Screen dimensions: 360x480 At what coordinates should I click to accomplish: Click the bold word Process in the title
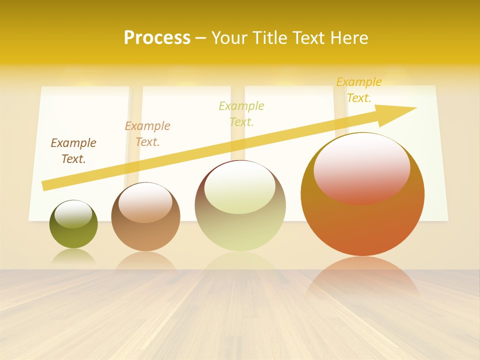157,38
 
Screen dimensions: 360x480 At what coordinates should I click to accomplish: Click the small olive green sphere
73,235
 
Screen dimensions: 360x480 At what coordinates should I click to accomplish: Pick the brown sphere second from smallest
145,235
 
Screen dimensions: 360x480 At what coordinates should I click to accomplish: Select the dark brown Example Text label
73,151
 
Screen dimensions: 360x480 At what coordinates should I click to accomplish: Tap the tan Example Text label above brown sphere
147,134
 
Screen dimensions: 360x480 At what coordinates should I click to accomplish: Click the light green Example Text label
241,113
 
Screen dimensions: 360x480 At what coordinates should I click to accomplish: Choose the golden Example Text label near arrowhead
359,90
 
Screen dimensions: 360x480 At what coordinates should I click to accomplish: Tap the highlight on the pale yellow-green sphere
240,187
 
